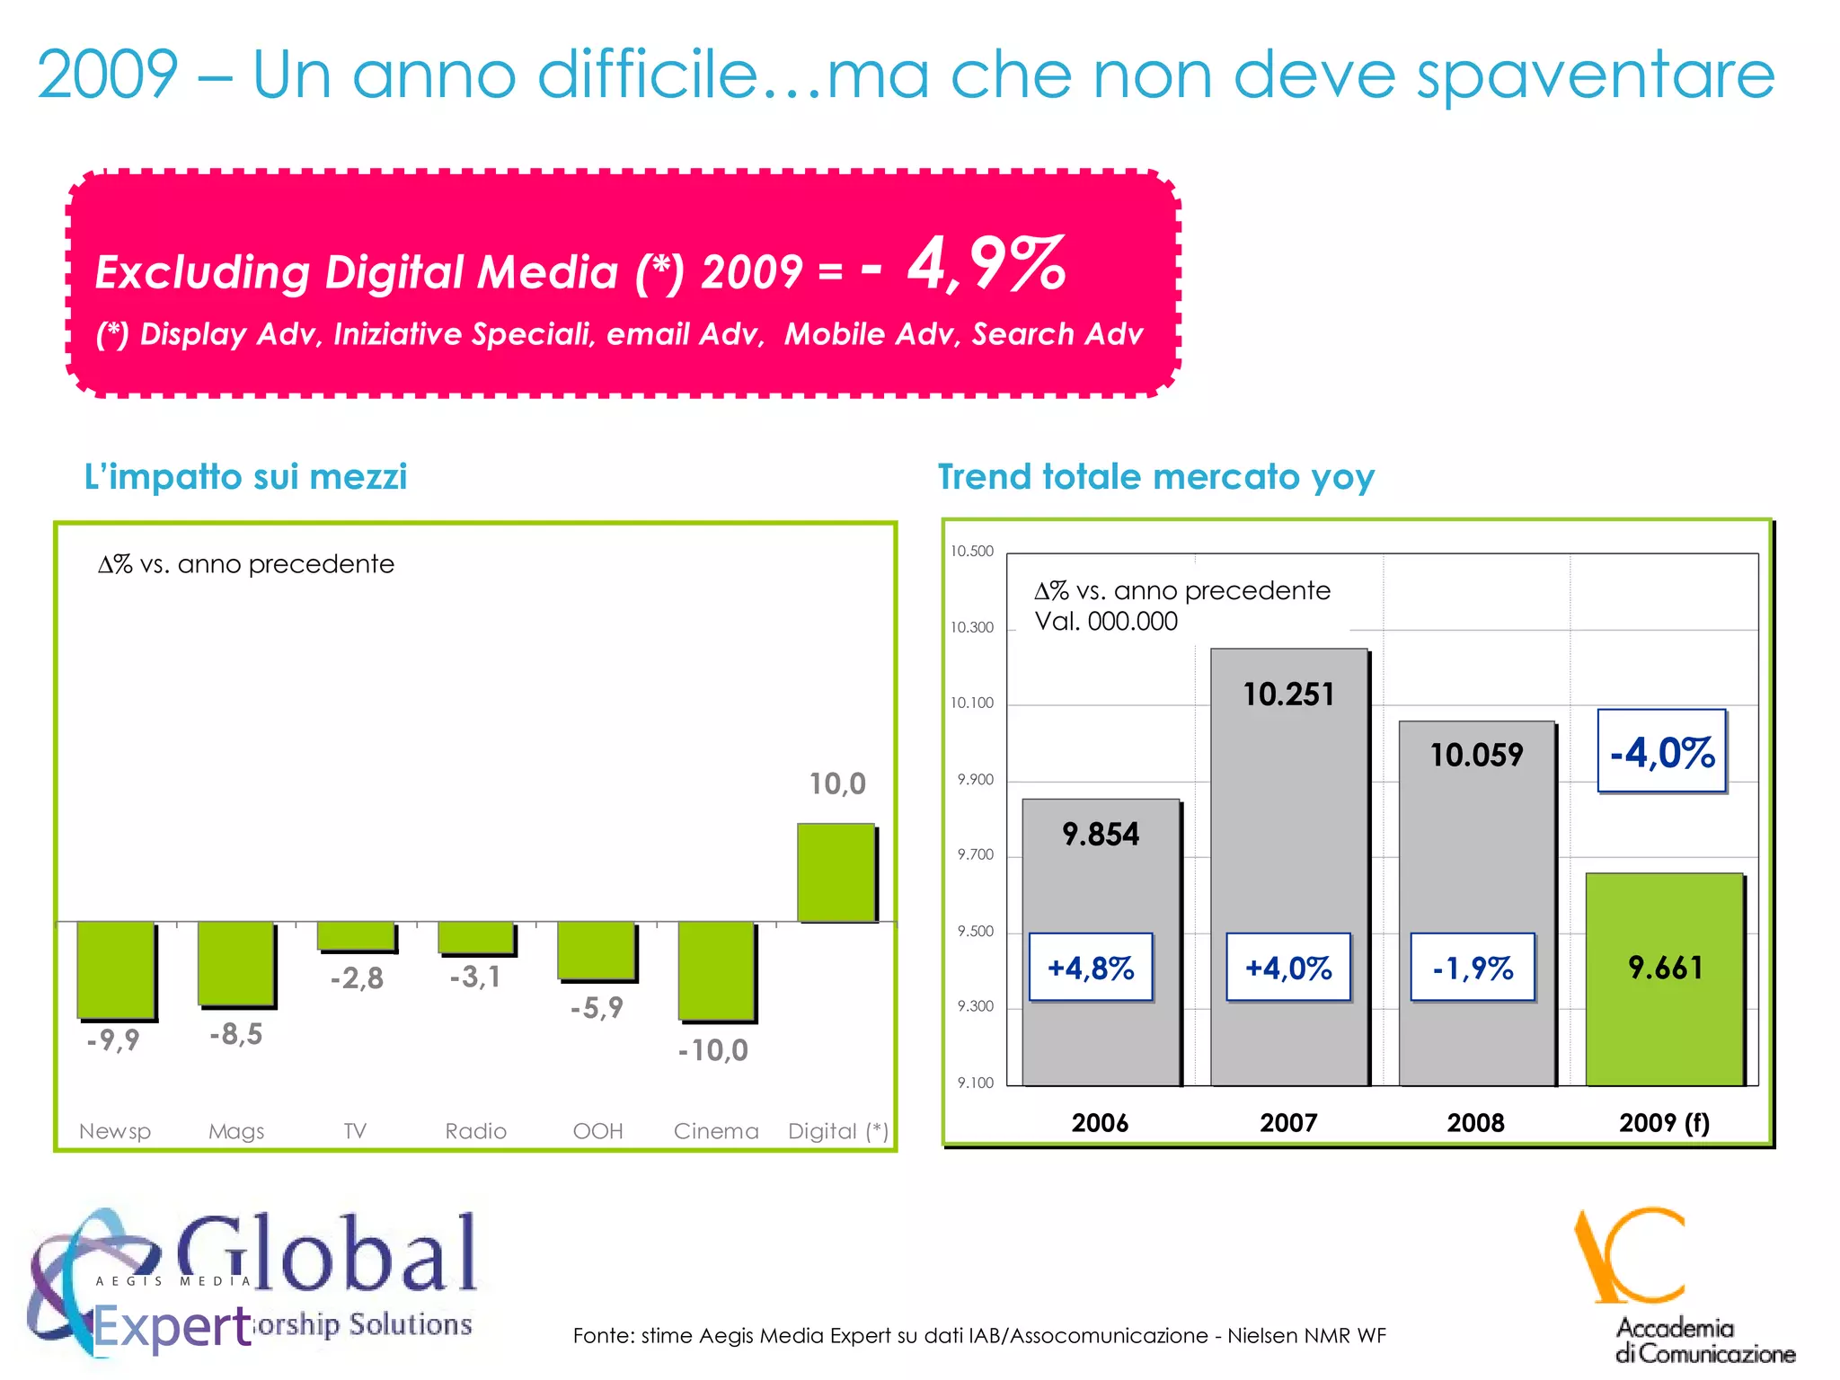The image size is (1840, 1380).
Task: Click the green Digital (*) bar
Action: click(x=836, y=871)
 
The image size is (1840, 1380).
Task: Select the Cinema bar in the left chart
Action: click(x=716, y=970)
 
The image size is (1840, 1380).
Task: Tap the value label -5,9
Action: click(x=597, y=1008)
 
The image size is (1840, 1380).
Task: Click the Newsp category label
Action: click(x=115, y=1131)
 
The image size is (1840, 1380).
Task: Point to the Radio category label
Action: click(x=476, y=1131)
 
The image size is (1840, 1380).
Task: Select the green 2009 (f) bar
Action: click(x=1664, y=979)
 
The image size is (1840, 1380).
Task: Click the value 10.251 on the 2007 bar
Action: click(x=1288, y=694)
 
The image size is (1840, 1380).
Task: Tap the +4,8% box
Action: click(x=1091, y=968)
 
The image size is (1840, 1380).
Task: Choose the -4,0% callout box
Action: click(x=1662, y=752)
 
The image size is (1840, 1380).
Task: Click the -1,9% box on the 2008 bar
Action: click(x=1473, y=968)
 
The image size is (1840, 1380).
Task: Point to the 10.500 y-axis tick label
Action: click(x=972, y=551)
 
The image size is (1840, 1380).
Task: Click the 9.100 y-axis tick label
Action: click(x=975, y=1083)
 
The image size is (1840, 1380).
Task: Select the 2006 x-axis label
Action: click(x=1100, y=1123)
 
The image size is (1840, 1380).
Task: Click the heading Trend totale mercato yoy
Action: click(x=1155, y=477)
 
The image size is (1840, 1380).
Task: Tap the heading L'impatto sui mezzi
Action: click(x=245, y=477)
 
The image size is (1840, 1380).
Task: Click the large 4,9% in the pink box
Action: click(x=986, y=264)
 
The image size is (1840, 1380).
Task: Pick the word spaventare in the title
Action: click(x=1596, y=75)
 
